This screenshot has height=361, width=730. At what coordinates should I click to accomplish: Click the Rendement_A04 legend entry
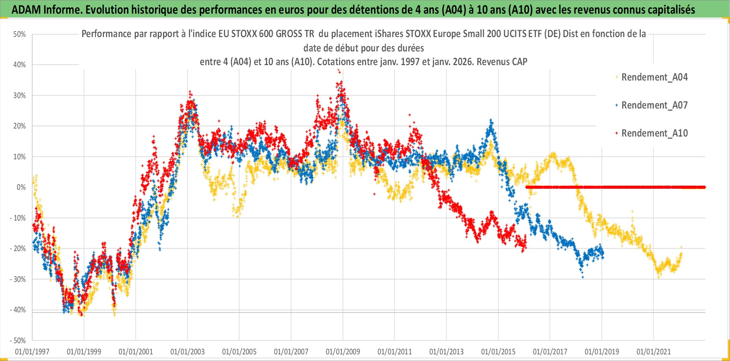(x=654, y=77)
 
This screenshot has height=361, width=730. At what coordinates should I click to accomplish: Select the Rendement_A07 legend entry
(x=654, y=105)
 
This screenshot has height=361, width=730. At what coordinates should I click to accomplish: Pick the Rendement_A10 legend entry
(x=654, y=133)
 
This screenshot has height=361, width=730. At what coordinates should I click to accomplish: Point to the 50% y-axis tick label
(x=20, y=34)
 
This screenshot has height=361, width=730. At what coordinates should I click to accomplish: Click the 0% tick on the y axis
(x=21, y=187)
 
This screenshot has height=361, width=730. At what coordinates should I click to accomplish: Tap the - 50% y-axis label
(x=18, y=340)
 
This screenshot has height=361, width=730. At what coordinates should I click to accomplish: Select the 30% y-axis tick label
(x=20, y=96)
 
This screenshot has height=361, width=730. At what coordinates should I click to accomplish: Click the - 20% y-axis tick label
(x=18, y=249)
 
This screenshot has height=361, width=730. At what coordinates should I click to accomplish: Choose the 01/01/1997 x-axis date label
(x=32, y=352)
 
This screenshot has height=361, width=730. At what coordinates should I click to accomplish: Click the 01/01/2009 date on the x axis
(x=343, y=352)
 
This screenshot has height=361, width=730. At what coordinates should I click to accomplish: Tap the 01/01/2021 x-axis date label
(x=654, y=352)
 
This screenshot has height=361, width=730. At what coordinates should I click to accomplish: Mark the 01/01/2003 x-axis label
(x=188, y=352)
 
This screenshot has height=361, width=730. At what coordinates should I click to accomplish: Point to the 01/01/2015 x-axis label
(x=498, y=352)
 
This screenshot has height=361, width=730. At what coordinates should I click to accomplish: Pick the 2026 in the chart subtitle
(x=463, y=62)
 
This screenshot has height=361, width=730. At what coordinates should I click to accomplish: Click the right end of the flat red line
(x=704, y=187)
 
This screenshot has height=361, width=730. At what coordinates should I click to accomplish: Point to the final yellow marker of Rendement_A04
(x=681, y=247)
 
